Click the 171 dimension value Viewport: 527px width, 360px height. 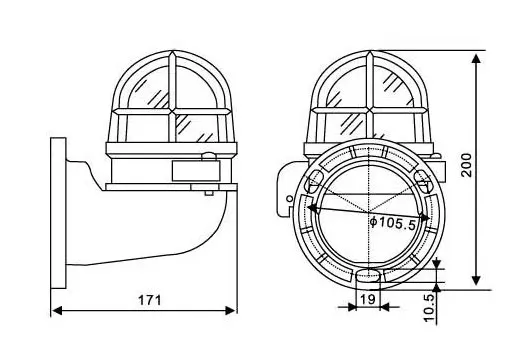pos(150,300)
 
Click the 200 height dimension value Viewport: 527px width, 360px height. pos(467,165)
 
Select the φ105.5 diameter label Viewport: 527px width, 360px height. pos(393,223)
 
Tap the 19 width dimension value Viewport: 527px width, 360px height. pos(367,298)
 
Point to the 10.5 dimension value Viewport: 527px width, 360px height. pos(430,307)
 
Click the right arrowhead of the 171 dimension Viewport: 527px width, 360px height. pos(230,311)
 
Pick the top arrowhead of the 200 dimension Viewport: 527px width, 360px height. pos(476,59)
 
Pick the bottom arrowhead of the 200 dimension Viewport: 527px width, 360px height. pos(476,280)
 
